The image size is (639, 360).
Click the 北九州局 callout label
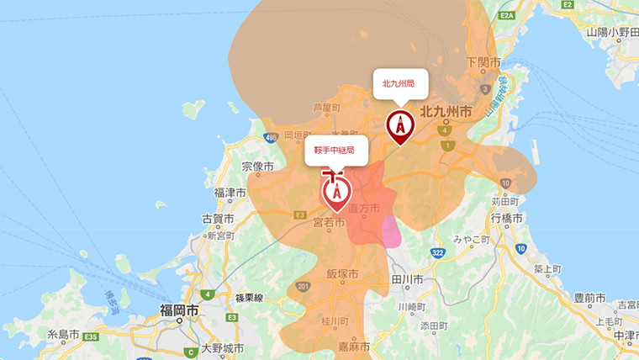pos(400,83)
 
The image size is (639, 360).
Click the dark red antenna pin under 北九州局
pos(400,125)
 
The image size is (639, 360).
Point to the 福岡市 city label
pos(179,311)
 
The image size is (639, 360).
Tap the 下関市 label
pos(483,63)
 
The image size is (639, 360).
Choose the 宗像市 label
pos(257,167)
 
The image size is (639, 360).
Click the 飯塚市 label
pos(342,274)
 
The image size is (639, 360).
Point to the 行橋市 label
pos(507,219)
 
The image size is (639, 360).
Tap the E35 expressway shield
pos(91,336)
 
